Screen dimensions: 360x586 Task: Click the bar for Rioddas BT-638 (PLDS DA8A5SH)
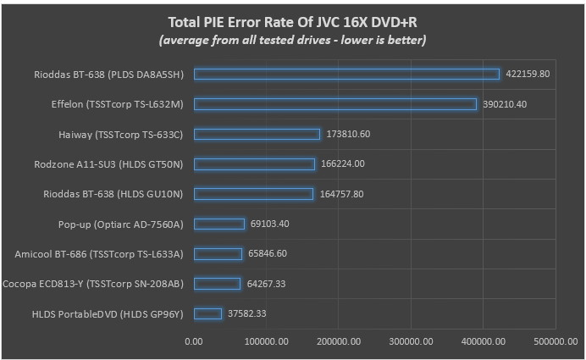tap(346, 74)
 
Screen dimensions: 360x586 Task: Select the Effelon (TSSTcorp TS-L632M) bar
tap(335, 104)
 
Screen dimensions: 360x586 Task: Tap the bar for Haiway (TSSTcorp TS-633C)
tap(257, 134)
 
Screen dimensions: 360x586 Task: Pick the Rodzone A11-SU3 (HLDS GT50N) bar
tap(254, 163)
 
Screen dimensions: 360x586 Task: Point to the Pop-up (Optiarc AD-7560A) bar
tap(219, 224)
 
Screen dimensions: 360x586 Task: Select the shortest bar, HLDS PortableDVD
tap(207, 313)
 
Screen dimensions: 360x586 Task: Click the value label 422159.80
tap(528, 74)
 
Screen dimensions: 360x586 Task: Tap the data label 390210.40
tap(505, 104)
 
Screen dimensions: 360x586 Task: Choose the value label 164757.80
tap(341, 194)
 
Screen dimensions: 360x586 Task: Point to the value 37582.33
tap(250, 313)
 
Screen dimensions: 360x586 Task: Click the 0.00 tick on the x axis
tap(194, 341)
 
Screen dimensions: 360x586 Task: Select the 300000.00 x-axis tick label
tap(411, 341)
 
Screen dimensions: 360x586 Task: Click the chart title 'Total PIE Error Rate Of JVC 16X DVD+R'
tap(293, 21)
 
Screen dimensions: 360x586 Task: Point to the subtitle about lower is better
tap(293, 40)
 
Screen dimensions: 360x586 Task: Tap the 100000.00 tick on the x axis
tap(266, 341)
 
